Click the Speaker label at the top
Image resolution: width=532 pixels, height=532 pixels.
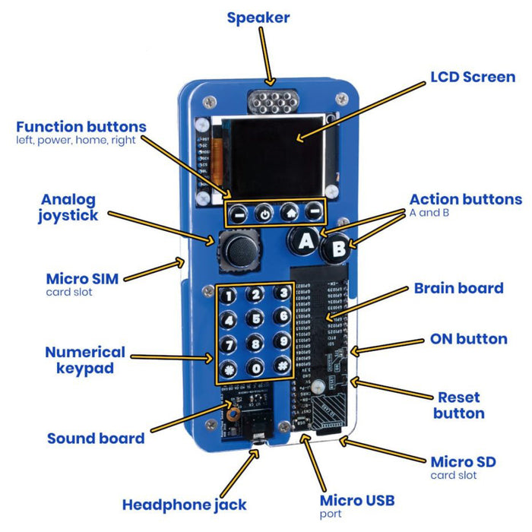258,17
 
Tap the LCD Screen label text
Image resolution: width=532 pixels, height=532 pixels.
473,77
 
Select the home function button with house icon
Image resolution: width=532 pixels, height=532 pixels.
288,213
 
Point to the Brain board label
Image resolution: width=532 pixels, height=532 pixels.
458,288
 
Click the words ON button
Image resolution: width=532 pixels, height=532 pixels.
468,338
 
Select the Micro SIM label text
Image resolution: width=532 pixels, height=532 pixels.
82,279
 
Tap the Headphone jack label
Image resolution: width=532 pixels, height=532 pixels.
184,504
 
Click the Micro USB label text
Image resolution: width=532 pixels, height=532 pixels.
356,500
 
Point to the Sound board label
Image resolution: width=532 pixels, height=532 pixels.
96,438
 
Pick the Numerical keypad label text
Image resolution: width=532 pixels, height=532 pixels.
85,360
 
